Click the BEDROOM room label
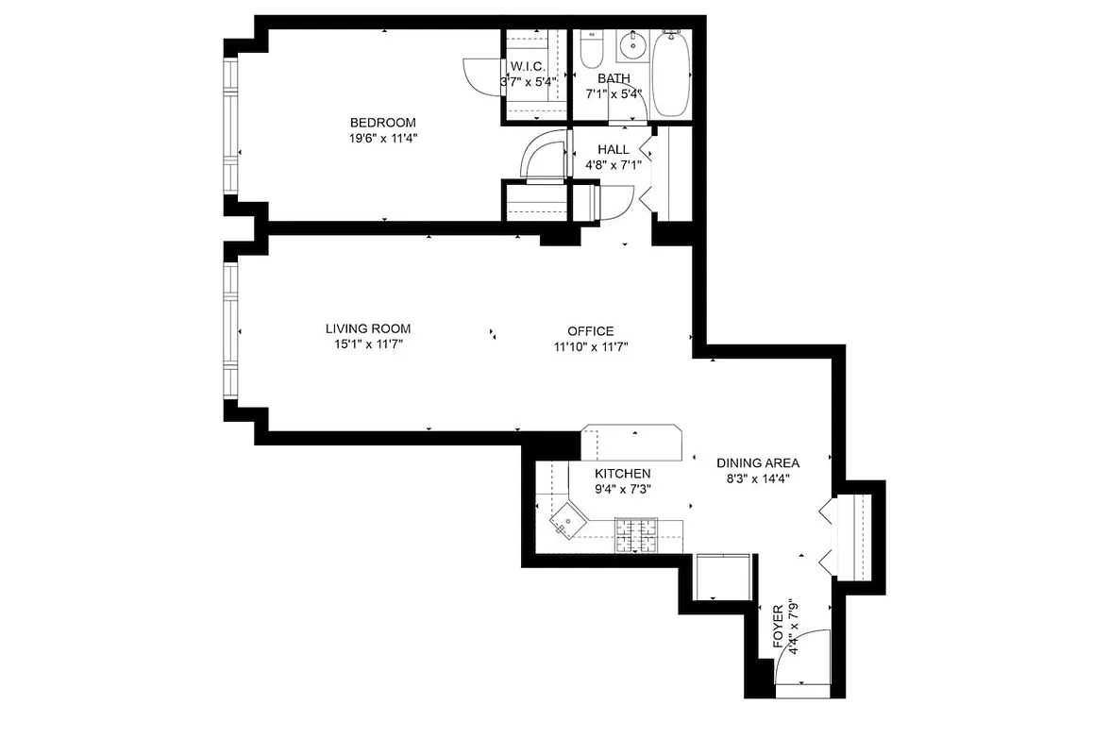(x=382, y=123)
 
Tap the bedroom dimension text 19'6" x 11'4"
(x=382, y=138)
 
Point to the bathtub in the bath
(x=671, y=75)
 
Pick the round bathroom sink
(x=631, y=43)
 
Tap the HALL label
(x=614, y=149)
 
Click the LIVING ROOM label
(x=368, y=328)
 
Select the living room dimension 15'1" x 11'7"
(x=368, y=344)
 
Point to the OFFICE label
(x=591, y=331)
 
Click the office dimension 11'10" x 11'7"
(x=591, y=346)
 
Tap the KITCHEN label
(x=622, y=474)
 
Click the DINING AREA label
(x=758, y=462)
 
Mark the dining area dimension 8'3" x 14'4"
(x=758, y=478)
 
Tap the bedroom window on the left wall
(x=229, y=128)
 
